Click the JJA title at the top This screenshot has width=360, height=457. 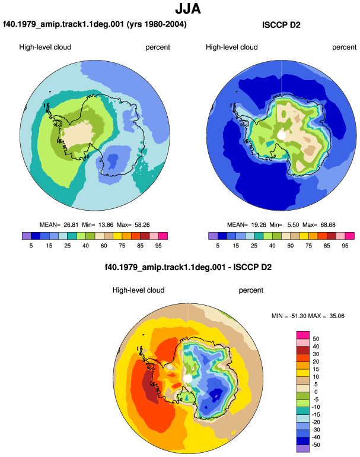[188, 8]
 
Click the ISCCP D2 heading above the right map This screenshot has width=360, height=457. [281, 25]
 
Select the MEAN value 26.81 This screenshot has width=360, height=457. [71, 225]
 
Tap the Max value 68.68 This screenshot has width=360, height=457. [328, 225]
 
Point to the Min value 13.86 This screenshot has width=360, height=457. [106, 225]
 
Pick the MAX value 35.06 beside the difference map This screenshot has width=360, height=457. [337, 316]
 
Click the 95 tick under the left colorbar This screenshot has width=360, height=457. [158, 246]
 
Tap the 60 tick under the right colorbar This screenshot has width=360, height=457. [291, 246]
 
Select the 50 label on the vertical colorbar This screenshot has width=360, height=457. [316, 339]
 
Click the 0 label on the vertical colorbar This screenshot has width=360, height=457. [316, 392]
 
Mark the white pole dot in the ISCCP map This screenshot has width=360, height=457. [281, 135]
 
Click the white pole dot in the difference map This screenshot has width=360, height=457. [188, 379]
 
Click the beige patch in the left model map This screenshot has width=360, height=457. [77, 135]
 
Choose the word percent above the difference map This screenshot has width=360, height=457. [251, 290]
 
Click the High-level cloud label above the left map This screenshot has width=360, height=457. [45, 47]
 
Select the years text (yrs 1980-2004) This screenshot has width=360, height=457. [157, 24]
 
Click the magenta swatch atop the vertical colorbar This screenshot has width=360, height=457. [302, 335]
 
